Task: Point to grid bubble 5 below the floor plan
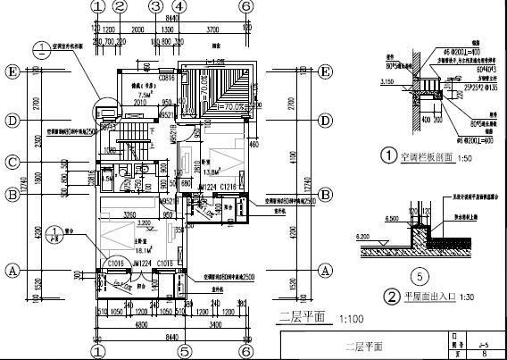pyautogui.click(x=184, y=352)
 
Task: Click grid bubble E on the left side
pyautogui.click(x=12, y=71)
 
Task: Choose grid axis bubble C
pyautogui.click(x=12, y=162)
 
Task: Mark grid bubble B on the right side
pyautogui.click(x=326, y=194)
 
